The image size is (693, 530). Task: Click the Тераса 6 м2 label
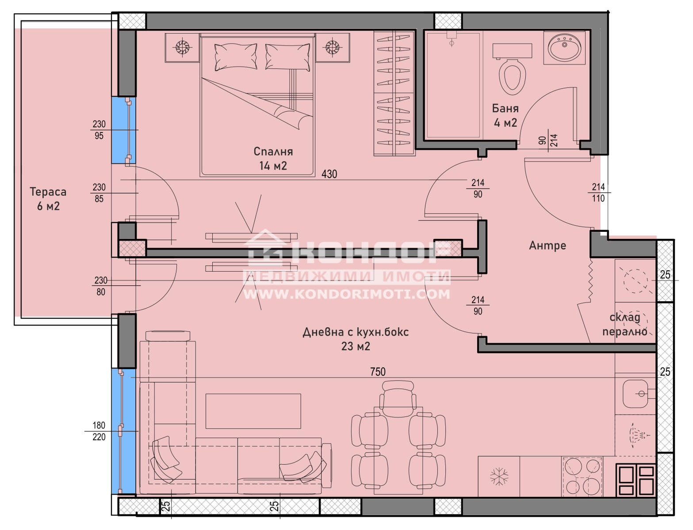48,199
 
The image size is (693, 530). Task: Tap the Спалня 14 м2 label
273,158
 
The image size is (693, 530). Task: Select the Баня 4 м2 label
505,115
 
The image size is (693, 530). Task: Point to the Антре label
547,245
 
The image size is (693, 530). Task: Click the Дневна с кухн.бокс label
356,332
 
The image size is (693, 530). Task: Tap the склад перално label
625,324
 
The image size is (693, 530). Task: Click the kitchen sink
635,394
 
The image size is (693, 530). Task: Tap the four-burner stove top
582,477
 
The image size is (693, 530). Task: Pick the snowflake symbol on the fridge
499,477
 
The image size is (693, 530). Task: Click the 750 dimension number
378,372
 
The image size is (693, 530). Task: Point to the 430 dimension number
329,174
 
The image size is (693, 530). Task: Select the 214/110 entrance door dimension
598,193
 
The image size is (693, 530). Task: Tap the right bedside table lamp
332,47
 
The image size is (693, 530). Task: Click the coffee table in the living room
253,411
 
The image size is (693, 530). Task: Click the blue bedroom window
124,130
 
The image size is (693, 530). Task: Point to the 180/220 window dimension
99,431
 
